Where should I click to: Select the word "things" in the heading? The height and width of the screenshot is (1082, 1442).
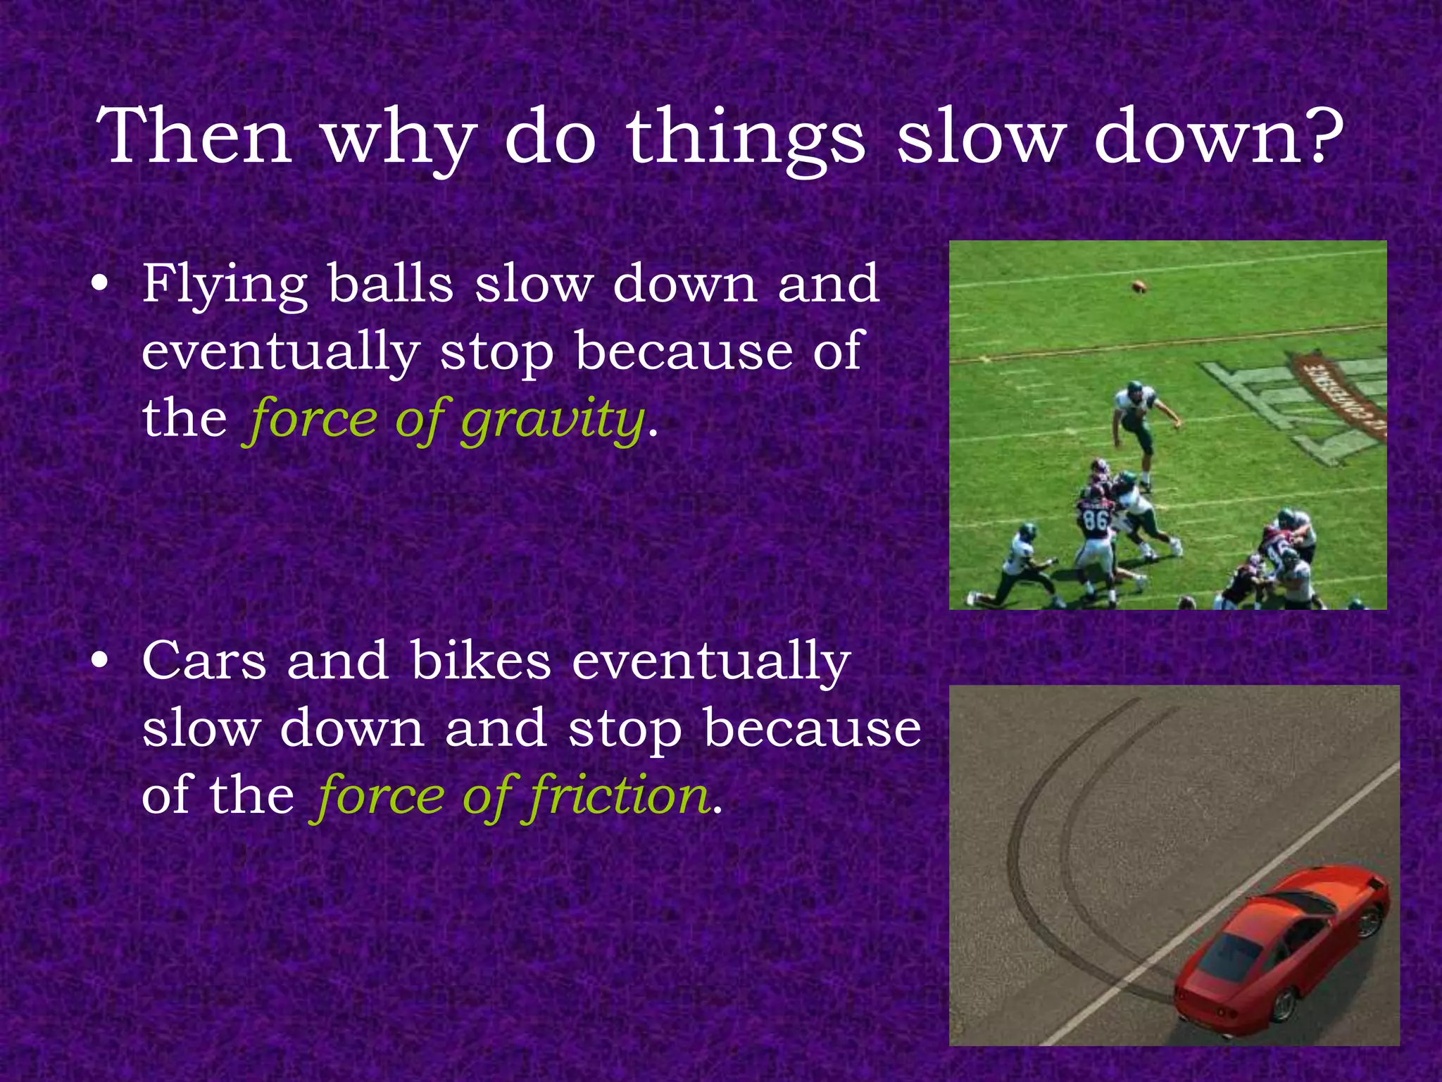pos(746,138)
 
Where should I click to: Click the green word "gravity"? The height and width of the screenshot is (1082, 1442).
pos(553,420)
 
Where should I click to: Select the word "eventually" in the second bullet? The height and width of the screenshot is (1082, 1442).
pos(711,662)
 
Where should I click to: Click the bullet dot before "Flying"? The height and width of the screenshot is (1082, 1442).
pos(101,284)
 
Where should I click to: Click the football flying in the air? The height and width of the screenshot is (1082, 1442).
pos(1139,286)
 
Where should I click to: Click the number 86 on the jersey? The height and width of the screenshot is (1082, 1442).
pos(1096,521)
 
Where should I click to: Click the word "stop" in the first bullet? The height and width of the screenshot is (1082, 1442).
pos(497,352)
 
